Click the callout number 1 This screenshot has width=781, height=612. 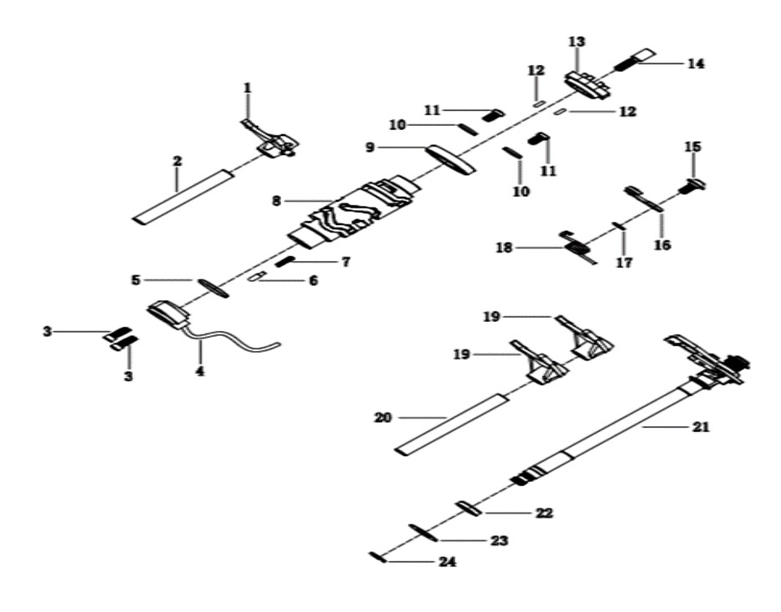[248, 88]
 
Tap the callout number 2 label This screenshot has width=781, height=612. [178, 161]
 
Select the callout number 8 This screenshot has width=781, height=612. [276, 201]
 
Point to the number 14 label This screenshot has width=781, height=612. [696, 63]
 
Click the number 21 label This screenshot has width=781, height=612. [701, 427]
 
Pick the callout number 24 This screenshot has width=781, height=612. [446, 562]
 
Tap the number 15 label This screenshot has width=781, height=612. [693, 147]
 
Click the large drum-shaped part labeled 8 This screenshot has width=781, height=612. [355, 211]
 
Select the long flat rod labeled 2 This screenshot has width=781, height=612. [184, 196]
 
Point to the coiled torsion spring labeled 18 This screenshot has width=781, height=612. [577, 247]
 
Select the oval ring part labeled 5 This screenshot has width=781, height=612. [213, 288]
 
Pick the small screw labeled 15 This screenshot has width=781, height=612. [693, 186]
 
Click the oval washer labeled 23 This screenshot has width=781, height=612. [423, 533]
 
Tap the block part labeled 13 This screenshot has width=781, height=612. [588, 85]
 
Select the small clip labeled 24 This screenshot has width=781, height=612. [377, 557]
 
